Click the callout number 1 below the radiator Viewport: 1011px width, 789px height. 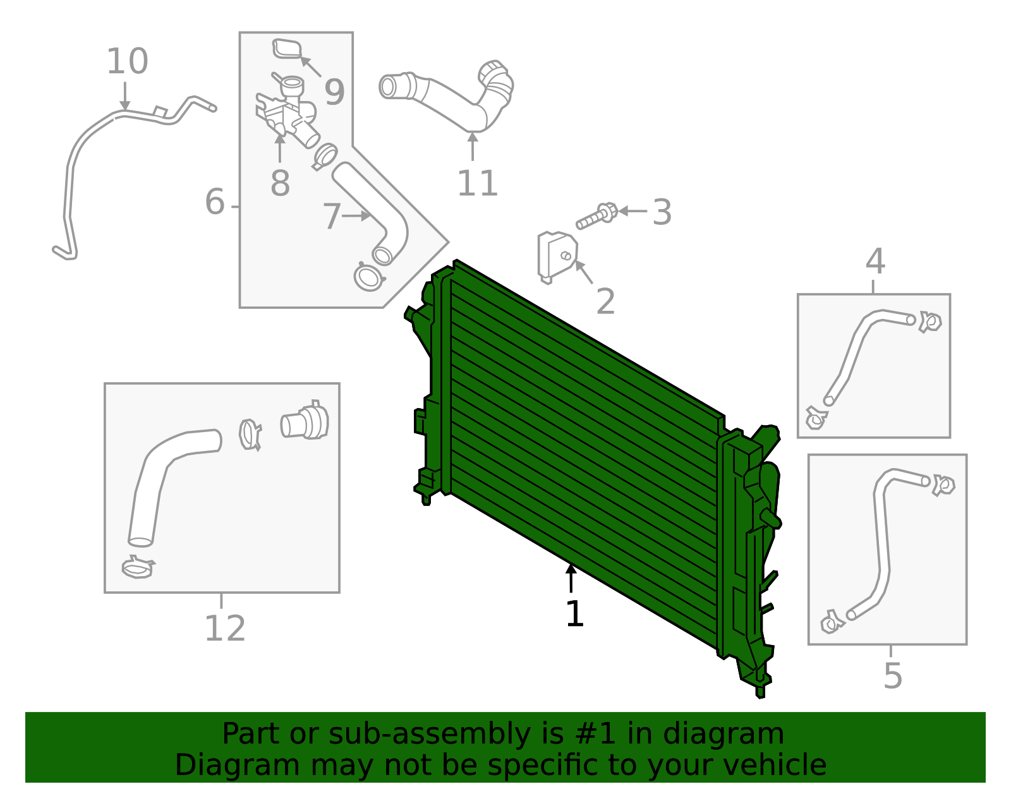pos(574,614)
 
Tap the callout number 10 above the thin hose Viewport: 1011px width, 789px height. pos(127,62)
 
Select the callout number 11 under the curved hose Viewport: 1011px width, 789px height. pos(477,184)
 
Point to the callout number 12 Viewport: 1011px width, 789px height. pos(225,629)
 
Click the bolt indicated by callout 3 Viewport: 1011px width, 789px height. pos(596,216)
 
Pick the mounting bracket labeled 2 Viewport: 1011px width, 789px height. pos(555,256)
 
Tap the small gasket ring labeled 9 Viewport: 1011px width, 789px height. pos(287,49)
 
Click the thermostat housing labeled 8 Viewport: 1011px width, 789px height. pos(288,114)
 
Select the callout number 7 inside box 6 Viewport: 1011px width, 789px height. pos(332,217)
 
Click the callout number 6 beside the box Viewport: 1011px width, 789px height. pos(215,202)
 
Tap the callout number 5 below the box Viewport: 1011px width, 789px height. pos(892,676)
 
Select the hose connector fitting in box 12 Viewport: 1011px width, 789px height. pos(305,422)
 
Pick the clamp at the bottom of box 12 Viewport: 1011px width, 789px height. pos(138,567)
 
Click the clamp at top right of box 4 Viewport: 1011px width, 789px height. pos(930,322)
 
